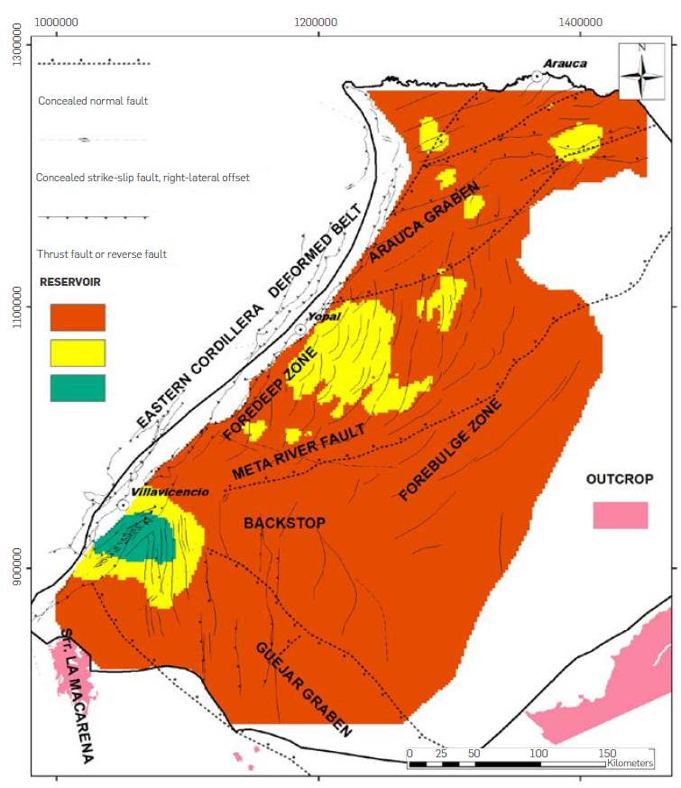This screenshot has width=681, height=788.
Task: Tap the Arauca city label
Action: (x=564, y=63)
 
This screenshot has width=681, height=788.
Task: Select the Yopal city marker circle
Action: (x=301, y=329)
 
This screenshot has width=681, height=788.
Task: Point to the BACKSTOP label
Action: (x=284, y=523)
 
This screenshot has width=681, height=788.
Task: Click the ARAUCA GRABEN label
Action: (x=421, y=219)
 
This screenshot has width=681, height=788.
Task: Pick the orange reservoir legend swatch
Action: (x=78, y=317)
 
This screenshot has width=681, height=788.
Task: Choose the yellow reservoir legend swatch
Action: (x=78, y=353)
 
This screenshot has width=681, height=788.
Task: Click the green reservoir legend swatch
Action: (x=78, y=388)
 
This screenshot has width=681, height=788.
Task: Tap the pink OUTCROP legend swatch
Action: (x=621, y=515)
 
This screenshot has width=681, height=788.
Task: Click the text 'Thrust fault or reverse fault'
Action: (x=102, y=254)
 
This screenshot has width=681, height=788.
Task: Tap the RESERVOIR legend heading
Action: (x=69, y=282)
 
